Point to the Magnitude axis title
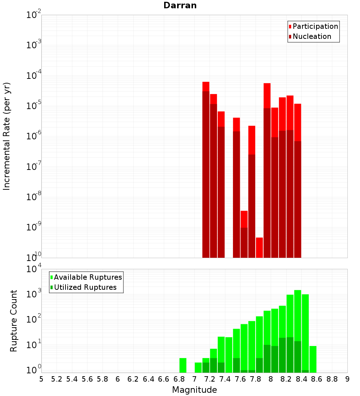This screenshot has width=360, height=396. click(x=194, y=390)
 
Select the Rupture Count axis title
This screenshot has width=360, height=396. click(x=14, y=320)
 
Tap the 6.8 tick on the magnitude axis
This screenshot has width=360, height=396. click(x=179, y=379)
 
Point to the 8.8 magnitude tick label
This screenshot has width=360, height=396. click(x=332, y=379)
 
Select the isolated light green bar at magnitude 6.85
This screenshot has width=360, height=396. click(x=183, y=365)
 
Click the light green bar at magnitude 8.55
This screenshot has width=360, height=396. click(x=313, y=359)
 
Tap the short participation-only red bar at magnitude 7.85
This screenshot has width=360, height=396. click(x=259, y=247)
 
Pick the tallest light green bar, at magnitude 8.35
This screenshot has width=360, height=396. click(x=298, y=331)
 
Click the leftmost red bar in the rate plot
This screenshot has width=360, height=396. click(x=206, y=169)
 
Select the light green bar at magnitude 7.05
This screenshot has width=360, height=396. click(x=198, y=367)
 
